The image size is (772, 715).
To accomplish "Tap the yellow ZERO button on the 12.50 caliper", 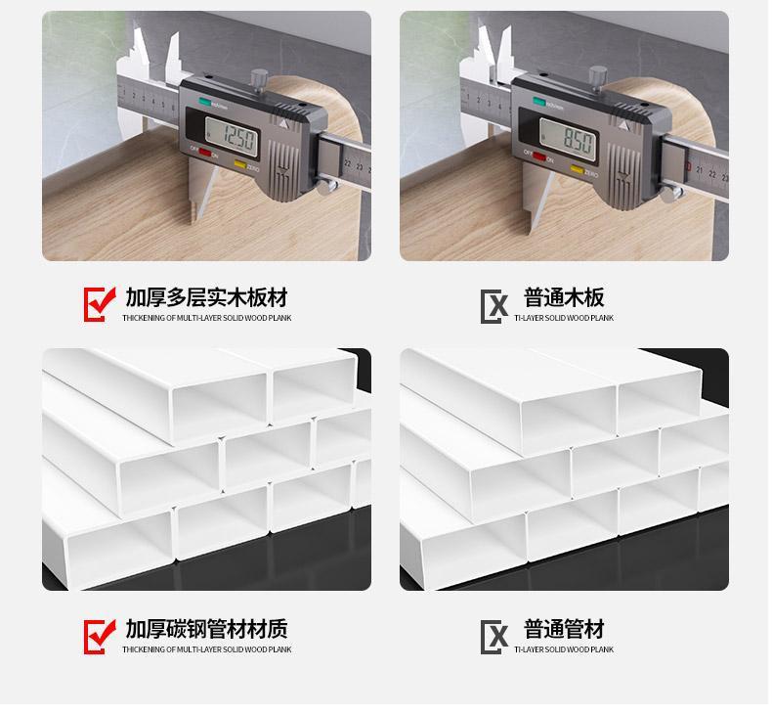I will click(x=240, y=167).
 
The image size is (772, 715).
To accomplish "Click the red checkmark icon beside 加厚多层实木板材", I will click(x=100, y=303).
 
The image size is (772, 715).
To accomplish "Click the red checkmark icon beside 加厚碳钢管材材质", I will click(x=100, y=636).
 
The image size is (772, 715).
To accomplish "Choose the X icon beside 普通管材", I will click(x=495, y=638).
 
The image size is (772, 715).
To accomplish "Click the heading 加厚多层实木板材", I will click(x=206, y=296).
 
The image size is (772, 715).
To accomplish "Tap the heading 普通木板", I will click(x=564, y=296).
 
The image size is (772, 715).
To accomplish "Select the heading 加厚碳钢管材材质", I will click(x=206, y=629).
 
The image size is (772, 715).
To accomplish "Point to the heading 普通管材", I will click(x=564, y=629).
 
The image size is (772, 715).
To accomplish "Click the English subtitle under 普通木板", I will click(x=564, y=319).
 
